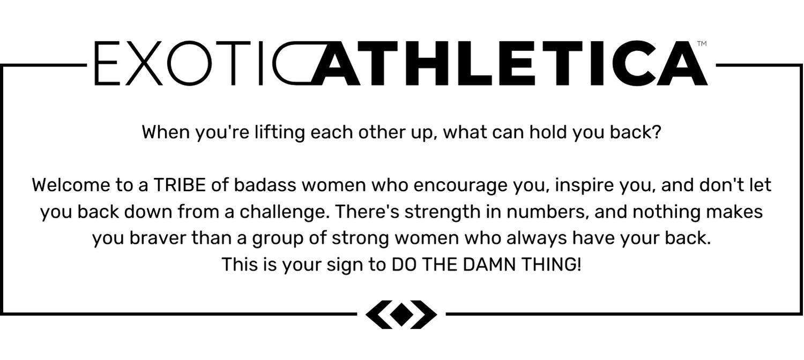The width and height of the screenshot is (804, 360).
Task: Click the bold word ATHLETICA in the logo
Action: coord(510,63)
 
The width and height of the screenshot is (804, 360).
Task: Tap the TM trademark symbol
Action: coord(702,44)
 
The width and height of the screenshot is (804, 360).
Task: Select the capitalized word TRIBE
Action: coord(180,185)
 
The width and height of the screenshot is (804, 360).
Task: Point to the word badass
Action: coord(265,185)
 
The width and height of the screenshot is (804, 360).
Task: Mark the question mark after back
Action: coord(657,132)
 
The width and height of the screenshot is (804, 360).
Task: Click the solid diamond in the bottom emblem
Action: coord(401,314)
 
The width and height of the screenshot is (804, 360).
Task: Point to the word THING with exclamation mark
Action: coord(551,265)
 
